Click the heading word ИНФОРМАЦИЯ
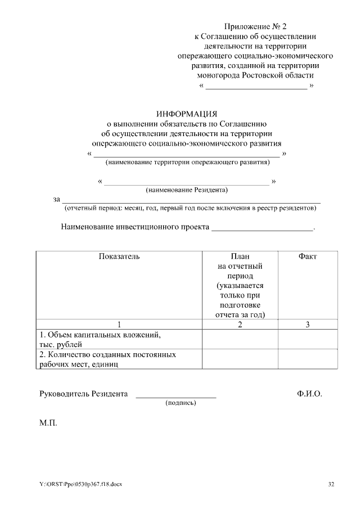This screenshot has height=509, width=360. [186, 114]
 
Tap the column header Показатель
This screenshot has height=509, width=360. [119, 256]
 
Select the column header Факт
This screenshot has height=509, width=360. [307, 256]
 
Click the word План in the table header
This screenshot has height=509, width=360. [240, 256]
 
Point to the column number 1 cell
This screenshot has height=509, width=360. [119, 324]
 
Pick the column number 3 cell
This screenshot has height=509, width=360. [307, 324]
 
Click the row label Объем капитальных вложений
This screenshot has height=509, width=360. [100, 335]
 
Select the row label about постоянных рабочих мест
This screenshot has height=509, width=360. [107, 359]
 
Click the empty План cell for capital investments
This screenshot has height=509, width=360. [240, 339]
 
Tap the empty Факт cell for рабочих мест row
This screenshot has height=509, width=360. [307, 359]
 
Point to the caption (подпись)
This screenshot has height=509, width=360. [180, 403]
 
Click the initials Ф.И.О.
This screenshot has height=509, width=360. [309, 394]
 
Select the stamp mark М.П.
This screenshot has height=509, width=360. [48, 421]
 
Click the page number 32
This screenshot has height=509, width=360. [331, 484]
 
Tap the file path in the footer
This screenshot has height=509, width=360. [80, 484]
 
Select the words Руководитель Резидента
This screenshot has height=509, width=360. [83, 394]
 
